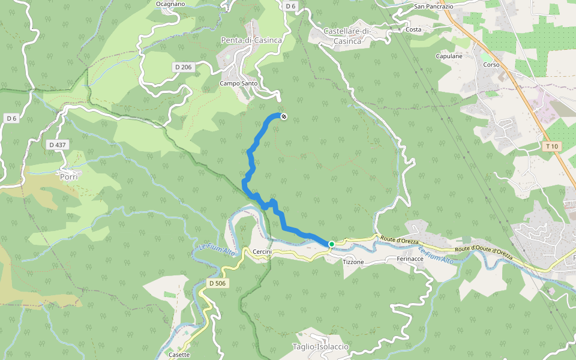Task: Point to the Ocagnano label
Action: (170, 4)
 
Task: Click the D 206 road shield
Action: (183, 67)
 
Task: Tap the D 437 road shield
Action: (57, 145)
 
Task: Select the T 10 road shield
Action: (551, 146)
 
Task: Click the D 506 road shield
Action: (217, 283)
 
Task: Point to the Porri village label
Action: (70, 176)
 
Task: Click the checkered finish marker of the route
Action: (284, 116)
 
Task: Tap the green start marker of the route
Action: (331, 244)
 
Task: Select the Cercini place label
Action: (262, 251)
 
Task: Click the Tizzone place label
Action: (353, 262)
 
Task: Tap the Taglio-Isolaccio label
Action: (320, 347)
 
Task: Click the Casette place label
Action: (179, 355)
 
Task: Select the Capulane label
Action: (449, 56)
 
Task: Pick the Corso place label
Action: (491, 64)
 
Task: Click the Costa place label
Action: (413, 29)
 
